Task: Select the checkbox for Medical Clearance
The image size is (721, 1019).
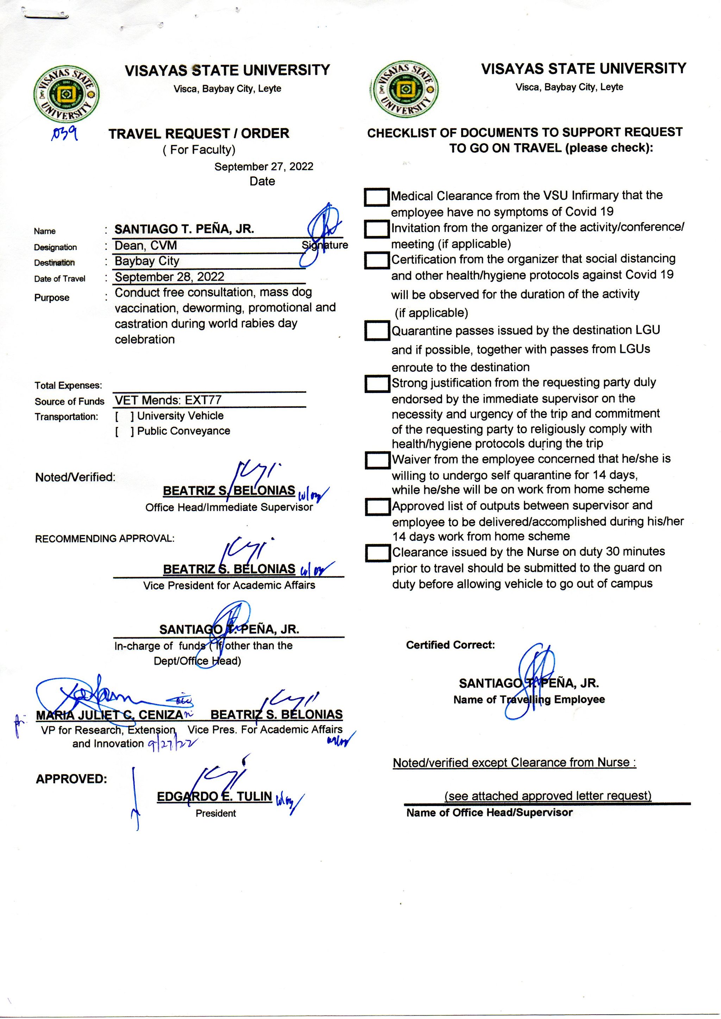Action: (x=376, y=197)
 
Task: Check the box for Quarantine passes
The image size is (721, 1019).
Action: (x=376, y=331)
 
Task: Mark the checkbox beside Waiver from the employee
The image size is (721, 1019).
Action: (x=377, y=461)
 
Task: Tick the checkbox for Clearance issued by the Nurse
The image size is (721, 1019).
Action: (x=378, y=553)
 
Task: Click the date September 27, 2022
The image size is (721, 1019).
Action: (x=264, y=167)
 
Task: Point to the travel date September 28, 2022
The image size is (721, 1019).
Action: (x=169, y=277)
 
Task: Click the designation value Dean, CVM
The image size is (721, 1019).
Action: (x=146, y=245)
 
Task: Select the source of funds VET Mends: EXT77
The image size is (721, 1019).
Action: (x=168, y=400)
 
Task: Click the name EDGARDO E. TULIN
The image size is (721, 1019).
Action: (x=214, y=796)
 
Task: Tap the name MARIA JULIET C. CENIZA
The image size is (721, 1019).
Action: (x=109, y=715)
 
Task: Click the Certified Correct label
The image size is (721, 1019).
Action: (x=450, y=645)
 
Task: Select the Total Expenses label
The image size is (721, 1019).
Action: (x=68, y=386)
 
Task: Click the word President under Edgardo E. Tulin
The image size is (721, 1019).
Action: (x=216, y=813)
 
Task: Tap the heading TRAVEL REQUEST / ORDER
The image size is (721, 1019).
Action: (x=199, y=134)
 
